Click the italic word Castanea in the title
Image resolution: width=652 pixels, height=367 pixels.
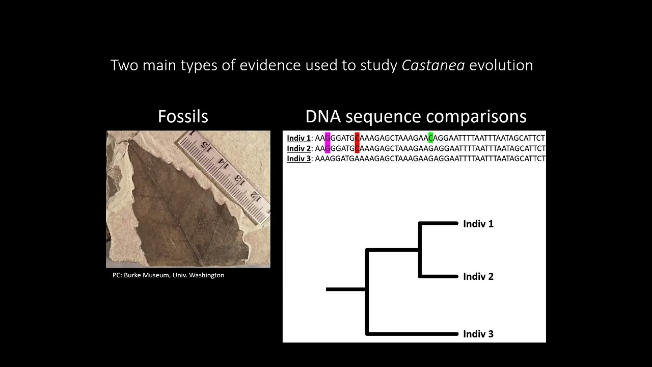[433, 65]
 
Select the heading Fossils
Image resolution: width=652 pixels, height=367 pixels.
[183, 116]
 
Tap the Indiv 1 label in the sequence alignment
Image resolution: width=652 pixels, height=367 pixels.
[298, 138]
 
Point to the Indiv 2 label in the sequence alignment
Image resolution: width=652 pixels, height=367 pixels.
[298, 148]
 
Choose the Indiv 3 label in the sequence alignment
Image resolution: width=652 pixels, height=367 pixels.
[298, 159]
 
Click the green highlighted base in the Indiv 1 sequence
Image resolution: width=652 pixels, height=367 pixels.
[431, 138]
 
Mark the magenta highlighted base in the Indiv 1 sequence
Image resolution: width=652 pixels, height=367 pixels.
[328, 138]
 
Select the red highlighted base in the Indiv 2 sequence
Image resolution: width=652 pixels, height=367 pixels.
[357, 148]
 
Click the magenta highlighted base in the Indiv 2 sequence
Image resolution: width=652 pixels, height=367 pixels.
[328, 148]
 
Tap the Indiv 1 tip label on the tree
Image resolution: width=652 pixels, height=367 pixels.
[478, 224]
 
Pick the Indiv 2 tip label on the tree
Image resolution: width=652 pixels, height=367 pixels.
[478, 276]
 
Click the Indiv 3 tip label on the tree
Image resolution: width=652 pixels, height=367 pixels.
[478, 334]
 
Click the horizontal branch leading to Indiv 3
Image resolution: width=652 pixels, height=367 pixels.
[413, 334]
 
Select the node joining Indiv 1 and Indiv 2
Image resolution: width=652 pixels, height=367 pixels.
[419, 250]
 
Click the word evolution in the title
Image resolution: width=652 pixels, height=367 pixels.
[501, 65]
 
